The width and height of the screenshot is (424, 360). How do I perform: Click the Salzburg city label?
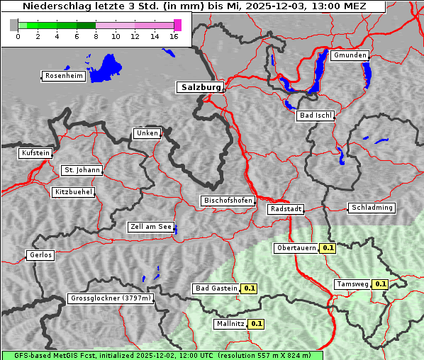(x=199, y=87)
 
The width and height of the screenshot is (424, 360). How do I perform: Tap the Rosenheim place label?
(x=63, y=76)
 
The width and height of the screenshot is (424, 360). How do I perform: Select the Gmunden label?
(x=349, y=55)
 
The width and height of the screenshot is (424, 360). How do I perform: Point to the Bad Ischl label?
(x=315, y=116)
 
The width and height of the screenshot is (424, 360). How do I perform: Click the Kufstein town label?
(x=35, y=153)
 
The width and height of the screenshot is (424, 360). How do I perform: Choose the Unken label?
(x=146, y=133)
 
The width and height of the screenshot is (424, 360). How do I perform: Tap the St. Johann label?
(x=82, y=170)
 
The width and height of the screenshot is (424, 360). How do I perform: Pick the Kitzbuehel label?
(x=73, y=192)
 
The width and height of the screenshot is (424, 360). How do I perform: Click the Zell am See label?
(x=150, y=227)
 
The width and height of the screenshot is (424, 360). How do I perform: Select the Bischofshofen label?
(x=228, y=201)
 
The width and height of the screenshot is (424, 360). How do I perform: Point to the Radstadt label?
(x=285, y=209)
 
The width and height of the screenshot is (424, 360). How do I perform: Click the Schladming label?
(x=371, y=208)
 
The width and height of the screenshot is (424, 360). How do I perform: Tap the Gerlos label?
(x=40, y=255)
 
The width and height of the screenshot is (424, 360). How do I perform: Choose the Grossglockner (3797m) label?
(x=110, y=299)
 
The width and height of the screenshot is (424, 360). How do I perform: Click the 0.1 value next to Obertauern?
(x=328, y=248)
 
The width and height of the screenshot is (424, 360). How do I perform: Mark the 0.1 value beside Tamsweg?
(x=380, y=284)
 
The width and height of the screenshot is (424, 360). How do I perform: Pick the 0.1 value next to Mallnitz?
(x=256, y=324)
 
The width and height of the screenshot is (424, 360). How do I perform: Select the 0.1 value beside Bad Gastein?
(x=249, y=288)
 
